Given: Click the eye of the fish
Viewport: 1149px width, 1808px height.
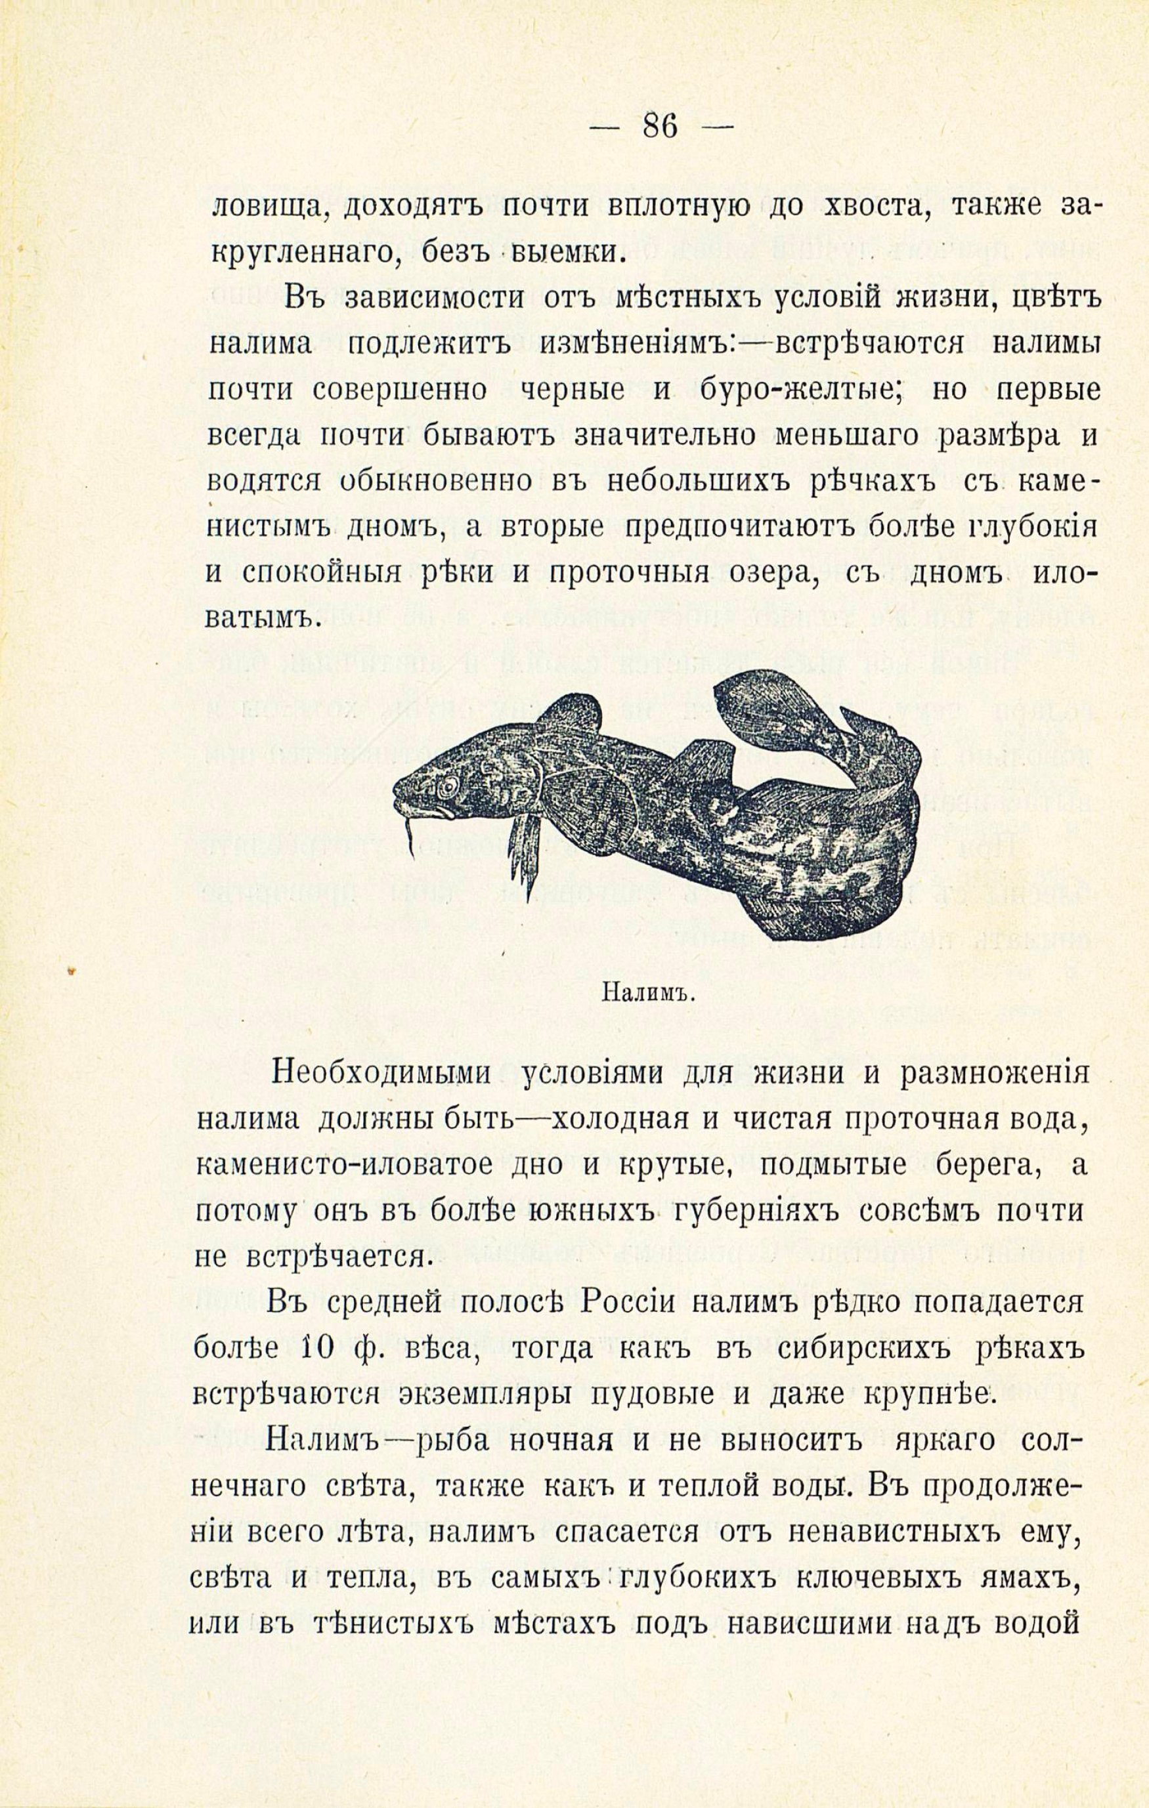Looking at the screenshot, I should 448,786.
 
